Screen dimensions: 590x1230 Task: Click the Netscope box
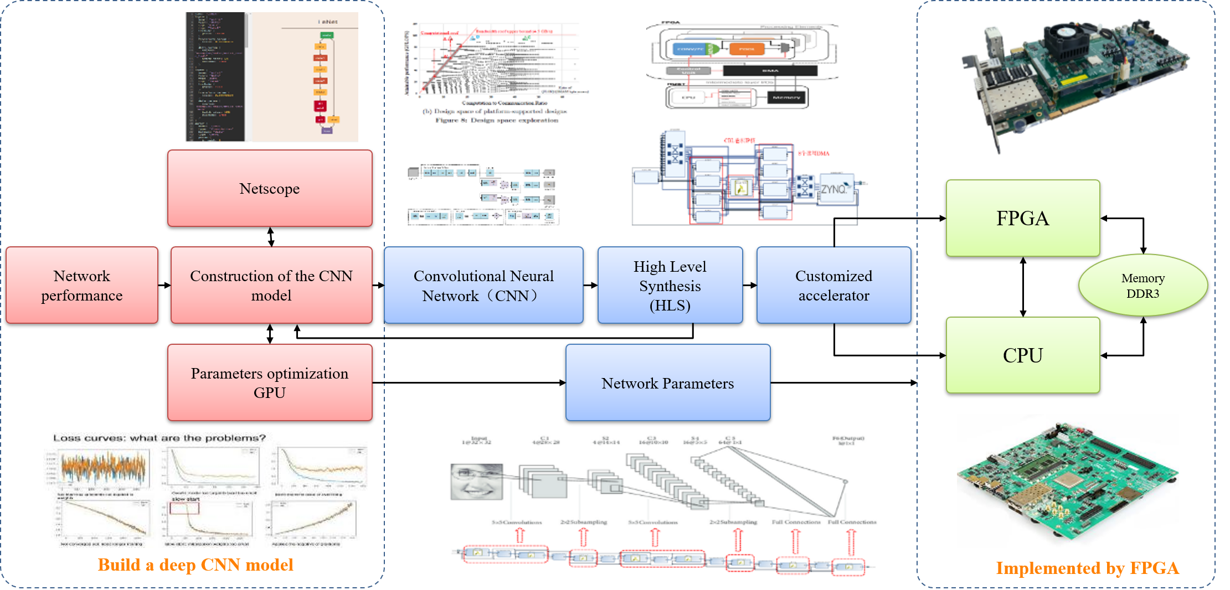click(270, 188)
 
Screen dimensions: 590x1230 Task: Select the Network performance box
click(82, 285)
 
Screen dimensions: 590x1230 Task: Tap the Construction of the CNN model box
click(271, 285)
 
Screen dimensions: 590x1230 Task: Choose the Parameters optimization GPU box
click(270, 382)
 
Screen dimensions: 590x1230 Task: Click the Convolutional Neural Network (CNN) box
click(483, 285)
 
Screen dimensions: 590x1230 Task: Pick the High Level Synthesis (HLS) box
click(670, 285)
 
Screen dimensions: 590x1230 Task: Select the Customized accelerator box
click(833, 285)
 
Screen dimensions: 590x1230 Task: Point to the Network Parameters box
click(668, 382)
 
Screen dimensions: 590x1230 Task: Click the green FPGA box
click(1023, 218)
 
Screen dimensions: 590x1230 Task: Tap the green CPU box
click(1023, 355)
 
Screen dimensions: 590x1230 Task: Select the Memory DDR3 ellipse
click(1143, 285)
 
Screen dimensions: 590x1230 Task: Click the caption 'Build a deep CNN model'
click(195, 565)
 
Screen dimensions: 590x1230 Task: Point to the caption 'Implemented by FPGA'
click(1087, 568)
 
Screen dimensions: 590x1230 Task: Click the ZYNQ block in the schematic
click(835, 189)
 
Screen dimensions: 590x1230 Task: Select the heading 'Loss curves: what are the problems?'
click(159, 438)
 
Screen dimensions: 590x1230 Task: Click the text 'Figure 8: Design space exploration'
click(497, 120)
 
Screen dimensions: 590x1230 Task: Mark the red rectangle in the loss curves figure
click(184, 508)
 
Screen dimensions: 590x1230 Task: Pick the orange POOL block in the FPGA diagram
click(746, 49)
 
